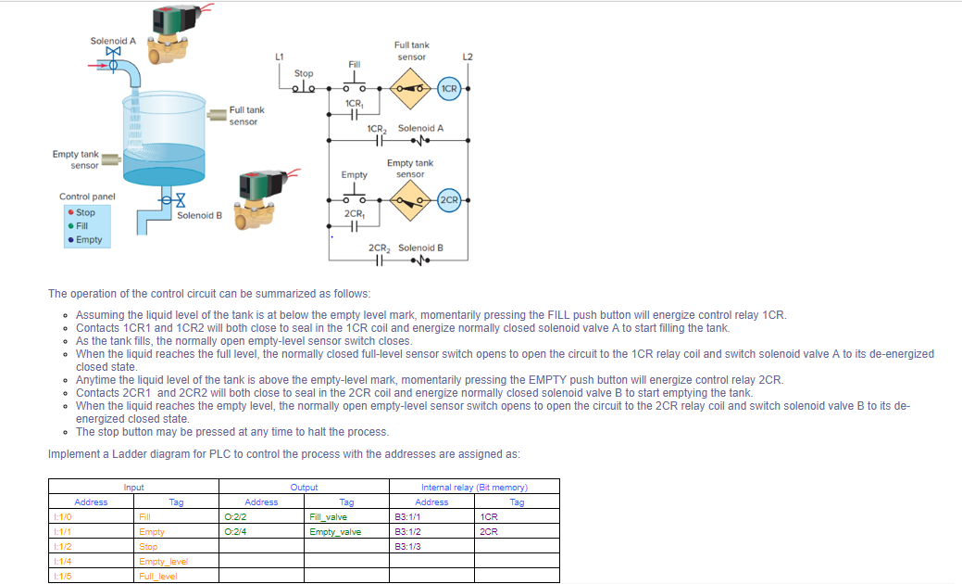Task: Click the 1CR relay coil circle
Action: [449, 89]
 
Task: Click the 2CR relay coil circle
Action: [449, 199]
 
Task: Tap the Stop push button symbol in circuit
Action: [304, 88]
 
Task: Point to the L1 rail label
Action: [279, 57]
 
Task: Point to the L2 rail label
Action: [468, 57]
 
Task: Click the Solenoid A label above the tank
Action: [113, 41]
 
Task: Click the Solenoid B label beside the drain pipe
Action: [199, 215]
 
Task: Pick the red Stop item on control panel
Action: [82, 212]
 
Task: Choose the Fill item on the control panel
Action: [81, 225]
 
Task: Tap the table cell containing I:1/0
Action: [91, 516]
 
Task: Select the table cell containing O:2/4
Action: [262, 531]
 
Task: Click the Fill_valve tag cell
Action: [346, 516]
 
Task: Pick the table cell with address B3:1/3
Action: [432, 546]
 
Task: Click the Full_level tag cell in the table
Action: [176, 576]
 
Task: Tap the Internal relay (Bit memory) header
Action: [474, 487]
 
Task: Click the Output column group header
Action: [304, 487]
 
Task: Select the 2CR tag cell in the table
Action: [517, 531]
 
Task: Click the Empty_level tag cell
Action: [176, 561]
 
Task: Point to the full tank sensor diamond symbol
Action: [410, 89]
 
